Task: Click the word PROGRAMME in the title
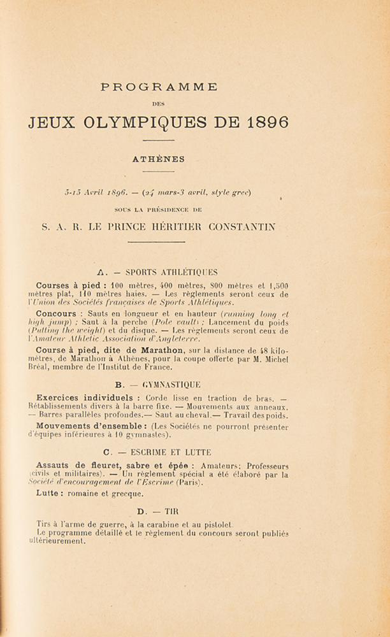[158, 87]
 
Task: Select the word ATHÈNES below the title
[159, 159]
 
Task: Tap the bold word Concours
[56, 313]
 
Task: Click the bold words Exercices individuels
[85, 397]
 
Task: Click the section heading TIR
[171, 511]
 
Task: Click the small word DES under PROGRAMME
[158, 103]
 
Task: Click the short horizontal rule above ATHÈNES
[159, 140]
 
